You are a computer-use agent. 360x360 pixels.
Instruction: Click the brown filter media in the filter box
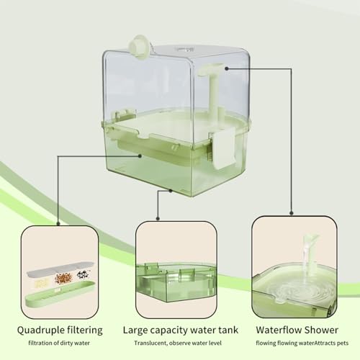point(63,276)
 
